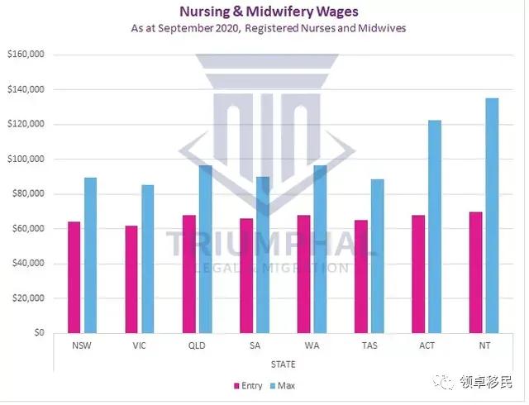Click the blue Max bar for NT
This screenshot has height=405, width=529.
pyautogui.click(x=491, y=216)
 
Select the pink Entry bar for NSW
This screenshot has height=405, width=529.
pyautogui.click(x=74, y=277)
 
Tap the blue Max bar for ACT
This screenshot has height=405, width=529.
pyautogui.click(x=434, y=226)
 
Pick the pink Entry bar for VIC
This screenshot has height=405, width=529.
pyautogui.click(x=131, y=279)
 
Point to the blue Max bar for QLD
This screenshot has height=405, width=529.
pyautogui.click(x=205, y=249)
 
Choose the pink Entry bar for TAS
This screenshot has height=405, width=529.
pyautogui.click(x=360, y=276)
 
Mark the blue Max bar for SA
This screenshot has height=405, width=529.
pyautogui.click(x=262, y=255)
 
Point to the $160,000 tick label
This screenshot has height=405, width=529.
pyautogui.click(x=25, y=55)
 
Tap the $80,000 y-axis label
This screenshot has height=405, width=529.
pyautogui.click(x=26, y=194)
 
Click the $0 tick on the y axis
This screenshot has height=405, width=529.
pyautogui.click(x=36, y=333)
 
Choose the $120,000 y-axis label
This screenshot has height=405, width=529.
pyautogui.click(x=25, y=124)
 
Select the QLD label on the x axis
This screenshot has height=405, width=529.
pyautogui.click(x=196, y=345)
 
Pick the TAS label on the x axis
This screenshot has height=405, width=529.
pyautogui.click(x=369, y=345)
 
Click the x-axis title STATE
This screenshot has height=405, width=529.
pyautogui.click(x=283, y=364)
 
